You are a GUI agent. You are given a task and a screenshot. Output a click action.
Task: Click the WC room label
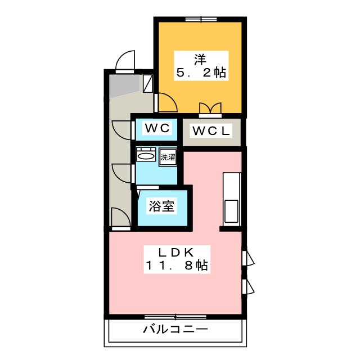157,128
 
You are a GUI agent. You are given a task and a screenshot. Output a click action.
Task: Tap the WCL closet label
211,131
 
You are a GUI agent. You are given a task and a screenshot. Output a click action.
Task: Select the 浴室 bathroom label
161,206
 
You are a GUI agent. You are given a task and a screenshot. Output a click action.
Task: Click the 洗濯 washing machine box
168,157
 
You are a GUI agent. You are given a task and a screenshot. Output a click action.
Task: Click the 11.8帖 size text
177,265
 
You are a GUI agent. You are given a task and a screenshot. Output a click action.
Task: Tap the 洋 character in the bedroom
200,60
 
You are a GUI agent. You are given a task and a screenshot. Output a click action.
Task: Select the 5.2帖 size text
201,73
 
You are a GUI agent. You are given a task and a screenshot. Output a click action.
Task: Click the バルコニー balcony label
175,330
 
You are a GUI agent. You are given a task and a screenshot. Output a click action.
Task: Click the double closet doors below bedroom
210,109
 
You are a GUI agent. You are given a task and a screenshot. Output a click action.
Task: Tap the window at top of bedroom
201,20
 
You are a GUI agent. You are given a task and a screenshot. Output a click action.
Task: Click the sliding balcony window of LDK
175,317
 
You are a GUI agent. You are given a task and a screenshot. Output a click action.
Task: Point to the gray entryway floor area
124,85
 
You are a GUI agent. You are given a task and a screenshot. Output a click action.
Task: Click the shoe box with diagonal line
148,84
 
